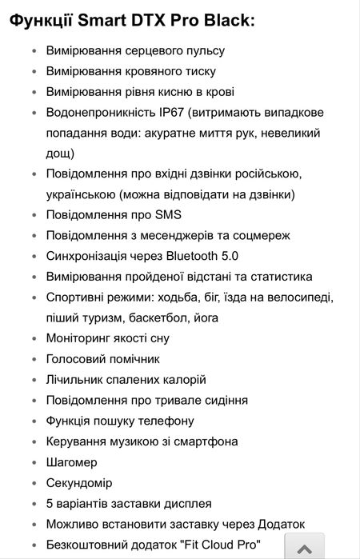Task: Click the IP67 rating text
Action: (183, 112)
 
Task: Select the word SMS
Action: (169, 214)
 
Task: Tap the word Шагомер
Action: (72, 462)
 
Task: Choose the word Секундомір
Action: (79, 483)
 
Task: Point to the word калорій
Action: (181, 379)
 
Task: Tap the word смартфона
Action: (209, 441)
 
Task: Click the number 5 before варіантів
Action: (50, 504)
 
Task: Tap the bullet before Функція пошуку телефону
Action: (33, 421)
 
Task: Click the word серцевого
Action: (150, 50)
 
